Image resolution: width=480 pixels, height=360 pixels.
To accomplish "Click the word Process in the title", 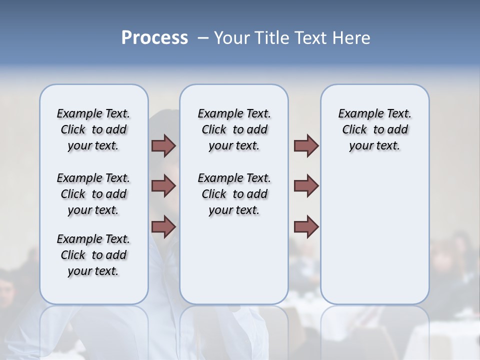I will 154,38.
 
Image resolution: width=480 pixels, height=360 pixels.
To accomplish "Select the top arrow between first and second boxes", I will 163,145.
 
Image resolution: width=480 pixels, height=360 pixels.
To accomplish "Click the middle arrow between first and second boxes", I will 163,186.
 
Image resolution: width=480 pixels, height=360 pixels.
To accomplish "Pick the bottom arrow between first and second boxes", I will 163,226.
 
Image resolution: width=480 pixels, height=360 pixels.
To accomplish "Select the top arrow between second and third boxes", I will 306,145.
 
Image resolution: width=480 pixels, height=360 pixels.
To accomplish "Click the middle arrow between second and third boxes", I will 306,186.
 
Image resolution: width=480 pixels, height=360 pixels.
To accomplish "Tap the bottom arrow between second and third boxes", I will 306,226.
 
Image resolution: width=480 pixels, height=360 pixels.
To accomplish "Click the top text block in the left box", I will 93,129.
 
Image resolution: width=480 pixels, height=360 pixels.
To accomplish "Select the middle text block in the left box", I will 93,194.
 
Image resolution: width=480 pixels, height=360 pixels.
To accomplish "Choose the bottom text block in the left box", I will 93,255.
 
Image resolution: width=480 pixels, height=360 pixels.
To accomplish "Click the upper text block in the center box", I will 234,129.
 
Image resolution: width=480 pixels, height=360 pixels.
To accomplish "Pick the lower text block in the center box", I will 234,194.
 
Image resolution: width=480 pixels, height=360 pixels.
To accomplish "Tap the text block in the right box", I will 374,129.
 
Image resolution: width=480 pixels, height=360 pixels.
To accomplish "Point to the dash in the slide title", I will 203,38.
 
